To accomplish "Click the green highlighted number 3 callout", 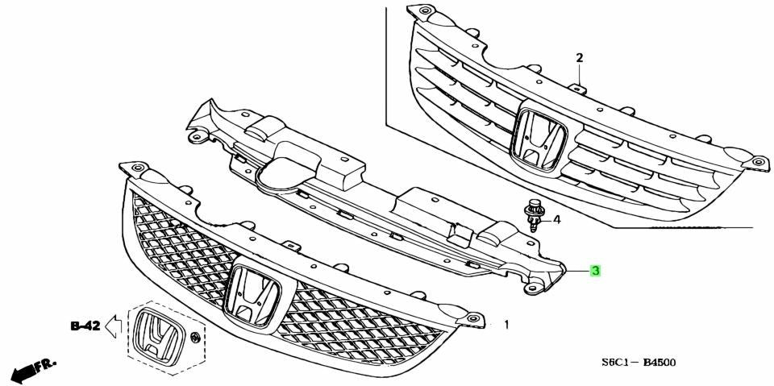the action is tap(596, 270).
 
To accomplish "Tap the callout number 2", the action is tap(580, 58).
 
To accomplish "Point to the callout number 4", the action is tap(556, 220).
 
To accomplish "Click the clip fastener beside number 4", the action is tap(532, 216).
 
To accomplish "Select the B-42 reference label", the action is tap(85, 326).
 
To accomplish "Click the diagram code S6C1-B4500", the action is tap(639, 363).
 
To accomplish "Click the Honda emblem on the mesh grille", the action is tap(252, 296).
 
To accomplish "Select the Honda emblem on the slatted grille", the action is tap(540, 139).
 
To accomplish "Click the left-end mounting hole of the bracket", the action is tap(198, 136).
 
